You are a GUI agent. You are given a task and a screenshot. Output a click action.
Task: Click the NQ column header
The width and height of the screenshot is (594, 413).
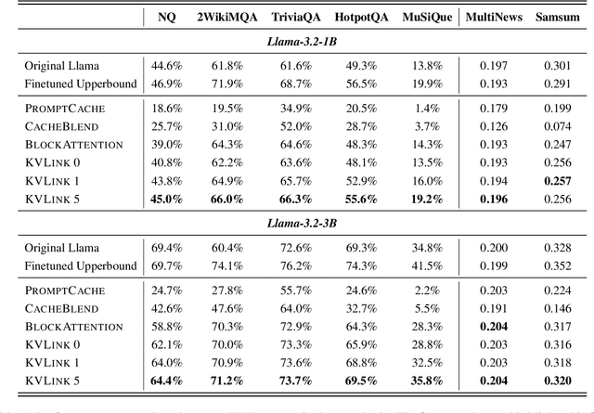click(165, 18)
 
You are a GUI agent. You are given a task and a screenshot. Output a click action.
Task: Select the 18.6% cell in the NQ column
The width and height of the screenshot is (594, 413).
click(165, 109)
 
